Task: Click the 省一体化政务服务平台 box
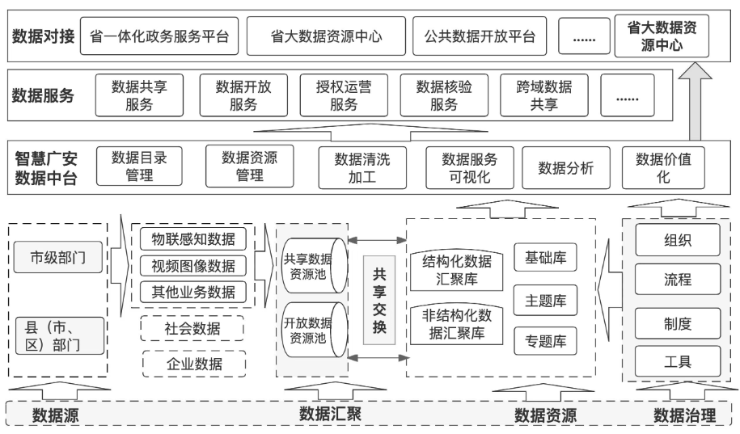(x=159, y=36)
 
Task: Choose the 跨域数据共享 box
(x=543, y=95)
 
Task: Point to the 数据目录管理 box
(x=139, y=166)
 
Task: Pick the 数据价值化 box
(x=662, y=167)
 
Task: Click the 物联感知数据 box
(x=193, y=239)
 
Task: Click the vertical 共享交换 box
(x=378, y=301)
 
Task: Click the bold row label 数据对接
(x=43, y=36)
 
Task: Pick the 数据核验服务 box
(x=443, y=95)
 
